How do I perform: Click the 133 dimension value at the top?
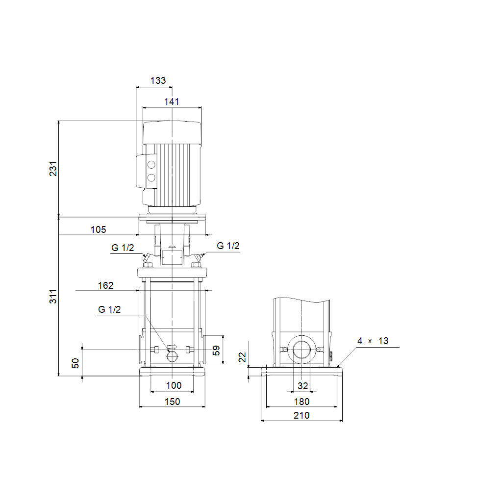158,80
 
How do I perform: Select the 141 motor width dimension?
172,101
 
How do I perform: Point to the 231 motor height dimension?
53,169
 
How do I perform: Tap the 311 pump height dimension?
53,297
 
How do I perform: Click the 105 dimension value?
98,229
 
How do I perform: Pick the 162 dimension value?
106,285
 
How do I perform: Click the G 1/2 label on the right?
228,246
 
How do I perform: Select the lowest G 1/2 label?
109,309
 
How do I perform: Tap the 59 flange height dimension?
216,350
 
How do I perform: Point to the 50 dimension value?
75,363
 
